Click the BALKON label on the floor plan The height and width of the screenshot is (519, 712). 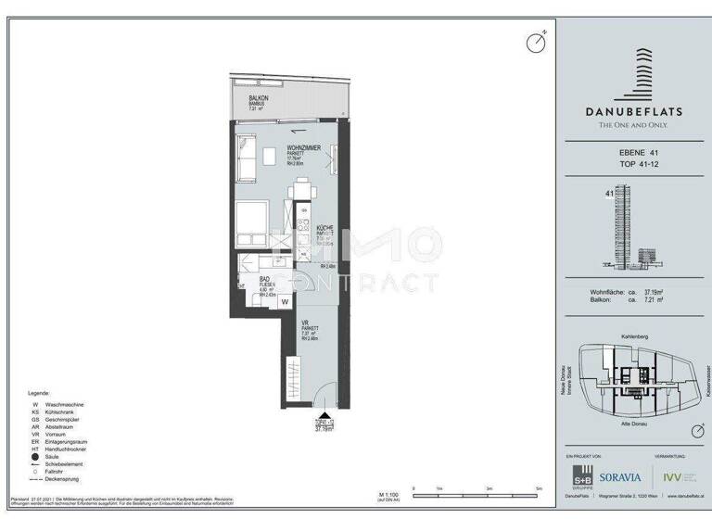259,97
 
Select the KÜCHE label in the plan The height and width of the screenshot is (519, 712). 324,227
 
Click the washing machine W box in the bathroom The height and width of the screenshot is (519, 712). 285,301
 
